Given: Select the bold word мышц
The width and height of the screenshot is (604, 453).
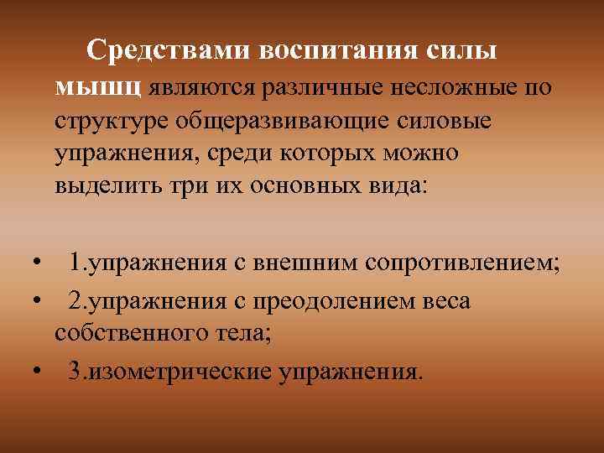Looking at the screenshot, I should tap(101, 86).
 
